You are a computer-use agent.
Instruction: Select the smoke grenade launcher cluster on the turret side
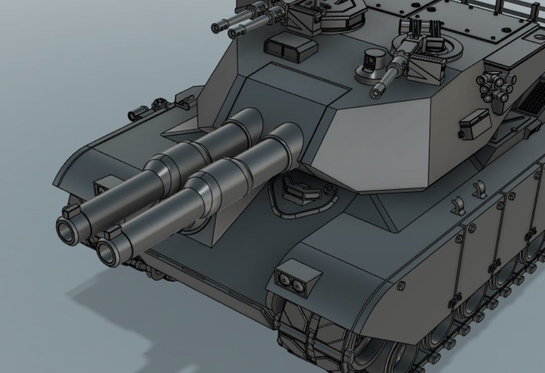click(x=497, y=87)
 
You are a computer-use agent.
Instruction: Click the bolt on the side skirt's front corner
click(x=401, y=286)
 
